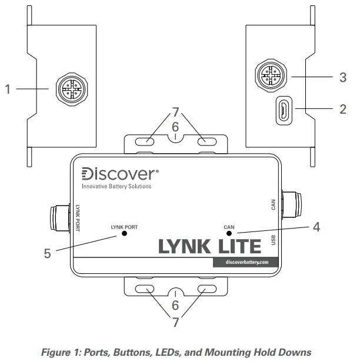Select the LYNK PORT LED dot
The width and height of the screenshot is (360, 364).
coord(125,233)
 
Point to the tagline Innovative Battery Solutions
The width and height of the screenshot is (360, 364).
coord(116,187)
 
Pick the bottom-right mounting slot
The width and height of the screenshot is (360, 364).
coord(206,289)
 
